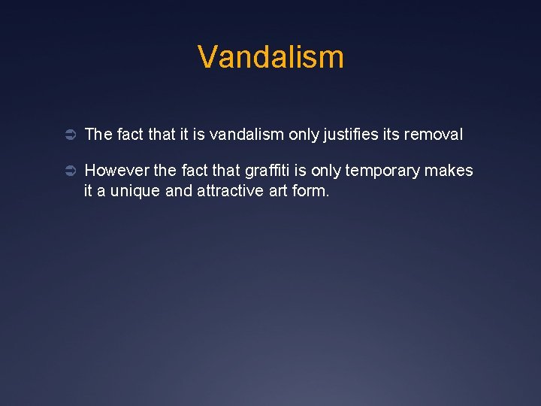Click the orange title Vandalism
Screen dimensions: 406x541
270,57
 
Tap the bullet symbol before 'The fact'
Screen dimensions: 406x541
65,135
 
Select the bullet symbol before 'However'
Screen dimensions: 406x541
65,171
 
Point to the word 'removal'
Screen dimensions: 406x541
434,135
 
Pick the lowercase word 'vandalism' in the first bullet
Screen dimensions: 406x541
246,135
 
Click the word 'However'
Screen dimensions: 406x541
116,171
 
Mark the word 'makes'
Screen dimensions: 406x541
449,171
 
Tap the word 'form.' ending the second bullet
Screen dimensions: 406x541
314,191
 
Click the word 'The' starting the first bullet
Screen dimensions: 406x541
98,135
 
